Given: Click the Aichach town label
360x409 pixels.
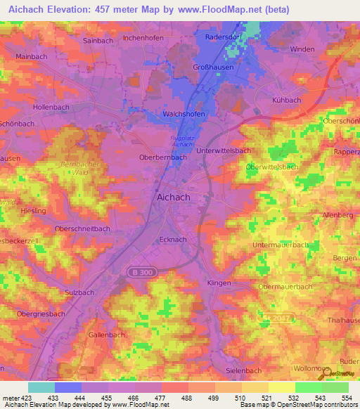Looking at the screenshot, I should tap(172, 197).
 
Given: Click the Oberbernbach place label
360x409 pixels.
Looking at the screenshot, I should tap(162, 157).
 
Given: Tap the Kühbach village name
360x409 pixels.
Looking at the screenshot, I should tap(285, 100).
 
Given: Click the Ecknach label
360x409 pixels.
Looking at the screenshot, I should tap(172, 239).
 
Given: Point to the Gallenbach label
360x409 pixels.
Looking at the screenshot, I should tap(107, 335).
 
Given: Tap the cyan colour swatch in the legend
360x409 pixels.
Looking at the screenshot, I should tap(41, 387).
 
